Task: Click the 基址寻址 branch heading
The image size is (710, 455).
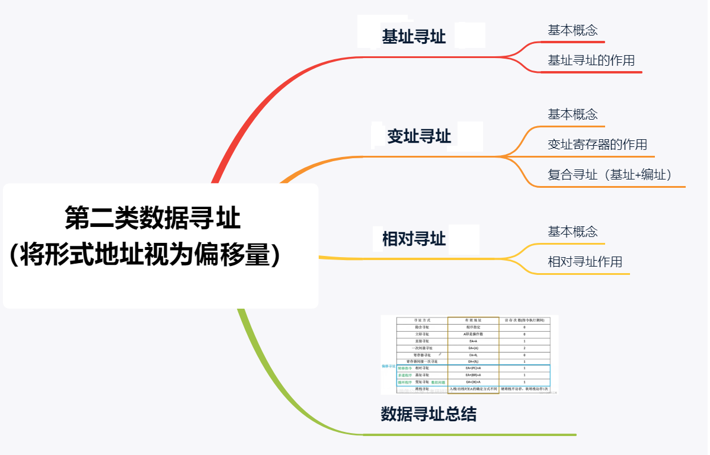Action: point(414,37)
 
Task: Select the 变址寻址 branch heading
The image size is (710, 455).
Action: point(419,137)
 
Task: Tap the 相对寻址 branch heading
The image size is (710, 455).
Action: point(414,239)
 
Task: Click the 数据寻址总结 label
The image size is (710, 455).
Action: point(428,414)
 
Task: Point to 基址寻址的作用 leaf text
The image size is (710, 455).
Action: point(591,60)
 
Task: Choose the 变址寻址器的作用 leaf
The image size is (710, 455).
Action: point(597,145)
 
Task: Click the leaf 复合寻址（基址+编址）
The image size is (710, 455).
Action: point(609,175)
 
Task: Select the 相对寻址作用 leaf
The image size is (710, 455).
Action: point(584,262)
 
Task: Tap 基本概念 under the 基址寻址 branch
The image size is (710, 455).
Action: point(572,31)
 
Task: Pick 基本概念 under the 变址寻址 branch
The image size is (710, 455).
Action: point(572,114)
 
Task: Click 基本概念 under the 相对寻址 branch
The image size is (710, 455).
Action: point(572,232)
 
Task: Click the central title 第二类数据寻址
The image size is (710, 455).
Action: point(152,218)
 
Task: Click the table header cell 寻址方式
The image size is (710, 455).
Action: point(422,320)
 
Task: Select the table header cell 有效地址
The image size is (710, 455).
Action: point(473,320)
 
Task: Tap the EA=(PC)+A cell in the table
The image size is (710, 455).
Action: point(473,368)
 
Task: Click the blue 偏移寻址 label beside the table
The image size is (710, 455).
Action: point(388,366)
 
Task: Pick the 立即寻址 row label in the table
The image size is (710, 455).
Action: point(422,334)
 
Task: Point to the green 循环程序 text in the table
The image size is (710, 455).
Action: point(405,382)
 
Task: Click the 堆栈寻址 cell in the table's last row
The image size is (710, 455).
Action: point(422,389)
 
